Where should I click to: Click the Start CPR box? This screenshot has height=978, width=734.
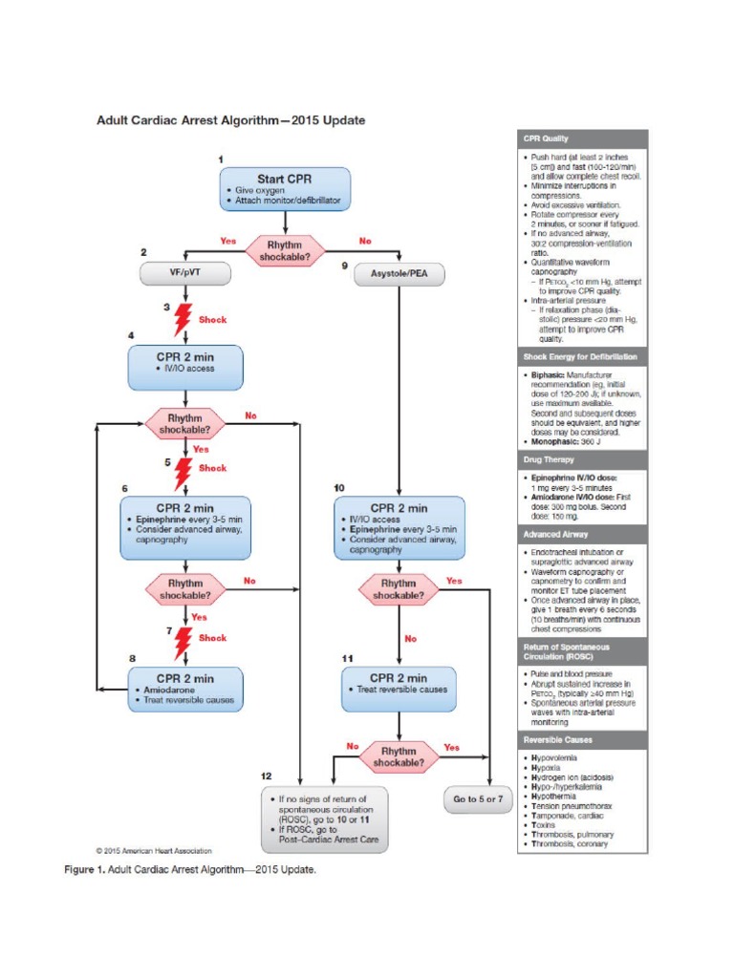(x=285, y=189)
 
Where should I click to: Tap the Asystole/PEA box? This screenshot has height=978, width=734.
(x=398, y=274)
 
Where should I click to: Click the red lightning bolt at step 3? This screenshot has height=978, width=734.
(x=182, y=320)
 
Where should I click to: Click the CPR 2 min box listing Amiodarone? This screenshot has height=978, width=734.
(x=185, y=689)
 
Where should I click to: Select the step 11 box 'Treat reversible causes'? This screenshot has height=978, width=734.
(x=398, y=689)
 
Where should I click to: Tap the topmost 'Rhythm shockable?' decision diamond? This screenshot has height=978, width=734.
(x=285, y=250)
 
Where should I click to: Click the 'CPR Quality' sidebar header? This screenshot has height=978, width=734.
(x=583, y=138)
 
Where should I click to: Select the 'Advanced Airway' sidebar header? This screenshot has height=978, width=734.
(x=583, y=535)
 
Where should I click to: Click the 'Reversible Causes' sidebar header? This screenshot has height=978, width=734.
(x=583, y=740)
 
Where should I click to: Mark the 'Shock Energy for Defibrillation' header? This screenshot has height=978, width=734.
(x=583, y=357)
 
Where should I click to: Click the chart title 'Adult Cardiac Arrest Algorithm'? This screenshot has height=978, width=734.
(x=229, y=120)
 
